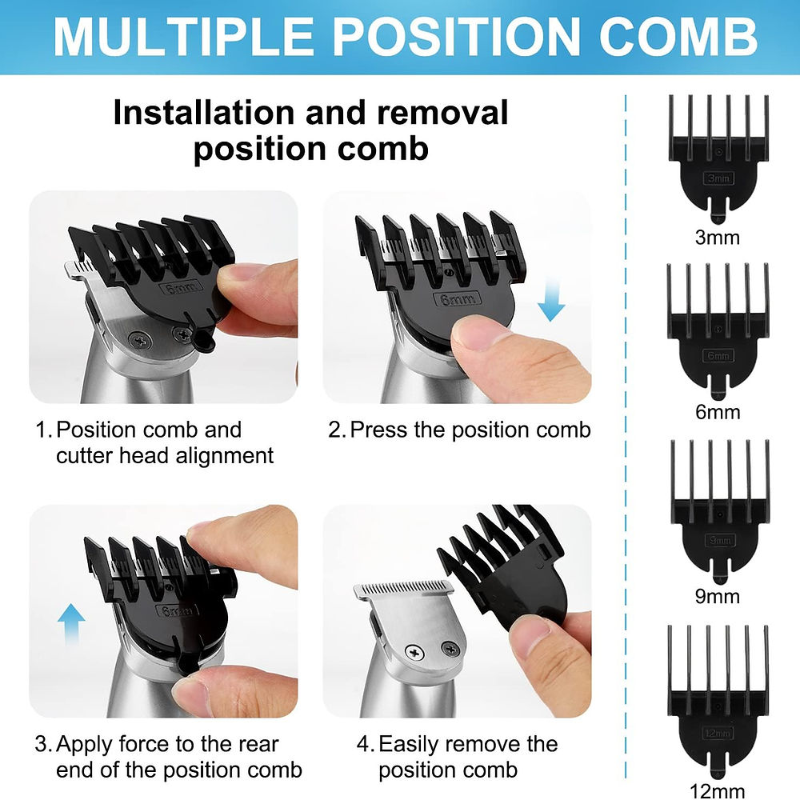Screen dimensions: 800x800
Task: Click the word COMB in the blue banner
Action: pos(678,36)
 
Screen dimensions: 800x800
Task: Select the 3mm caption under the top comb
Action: pos(718,238)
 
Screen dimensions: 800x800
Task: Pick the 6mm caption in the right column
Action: pos(718,412)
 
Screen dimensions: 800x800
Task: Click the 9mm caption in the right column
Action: pos(718,596)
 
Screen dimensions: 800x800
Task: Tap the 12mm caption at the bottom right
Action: pos(718,791)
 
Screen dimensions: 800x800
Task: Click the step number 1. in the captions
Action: pos(43,430)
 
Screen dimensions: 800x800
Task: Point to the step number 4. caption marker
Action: pos(366,744)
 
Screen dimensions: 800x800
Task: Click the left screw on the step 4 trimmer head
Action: pos(414,653)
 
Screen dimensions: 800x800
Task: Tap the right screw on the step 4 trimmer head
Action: pos(450,650)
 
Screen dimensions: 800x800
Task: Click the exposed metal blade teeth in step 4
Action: pos(404,590)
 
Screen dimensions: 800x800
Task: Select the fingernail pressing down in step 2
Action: pos(477,331)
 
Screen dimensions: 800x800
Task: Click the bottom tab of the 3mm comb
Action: pos(718,212)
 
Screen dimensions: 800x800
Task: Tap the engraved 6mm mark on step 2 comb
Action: pos(458,299)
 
